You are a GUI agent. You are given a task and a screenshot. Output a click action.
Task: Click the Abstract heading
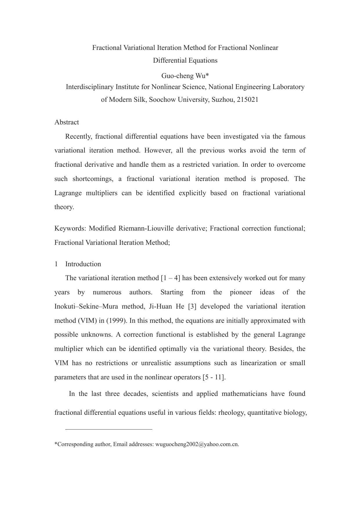[66, 122]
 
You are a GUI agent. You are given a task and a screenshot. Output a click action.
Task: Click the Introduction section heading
[83, 264]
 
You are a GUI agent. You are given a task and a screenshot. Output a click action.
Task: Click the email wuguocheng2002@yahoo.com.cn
[197, 444]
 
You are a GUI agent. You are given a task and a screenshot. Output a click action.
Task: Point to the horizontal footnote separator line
[109, 429]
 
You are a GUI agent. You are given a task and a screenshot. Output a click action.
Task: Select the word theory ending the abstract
[64, 207]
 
